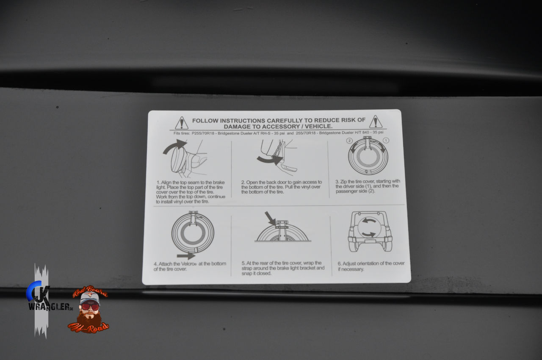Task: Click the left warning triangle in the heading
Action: click(x=182, y=123)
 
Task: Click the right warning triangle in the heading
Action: click(x=376, y=122)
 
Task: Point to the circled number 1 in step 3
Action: click(x=386, y=140)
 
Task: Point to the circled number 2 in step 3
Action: click(x=349, y=141)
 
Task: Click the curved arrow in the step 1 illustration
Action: click(x=175, y=146)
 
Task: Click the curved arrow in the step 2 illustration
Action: click(x=270, y=160)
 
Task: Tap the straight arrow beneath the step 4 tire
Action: click(x=186, y=256)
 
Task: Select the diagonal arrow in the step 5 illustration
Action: click(x=270, y=219)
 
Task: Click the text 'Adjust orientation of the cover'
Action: click(x=373, y=263)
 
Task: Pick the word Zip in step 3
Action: click(x=343, y=181)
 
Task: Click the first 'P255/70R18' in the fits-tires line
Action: click(x=203, y=133)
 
